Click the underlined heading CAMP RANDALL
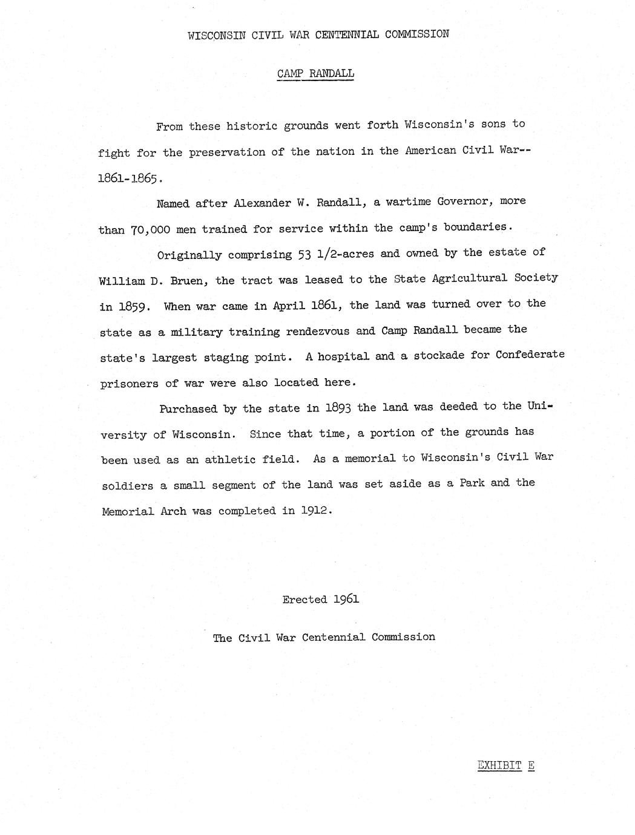[x=315, y=74]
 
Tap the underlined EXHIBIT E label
[x=505, y=765]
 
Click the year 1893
[x=338, y=408]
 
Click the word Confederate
[x=530, y=355]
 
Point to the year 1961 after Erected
[x=346, y=599]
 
